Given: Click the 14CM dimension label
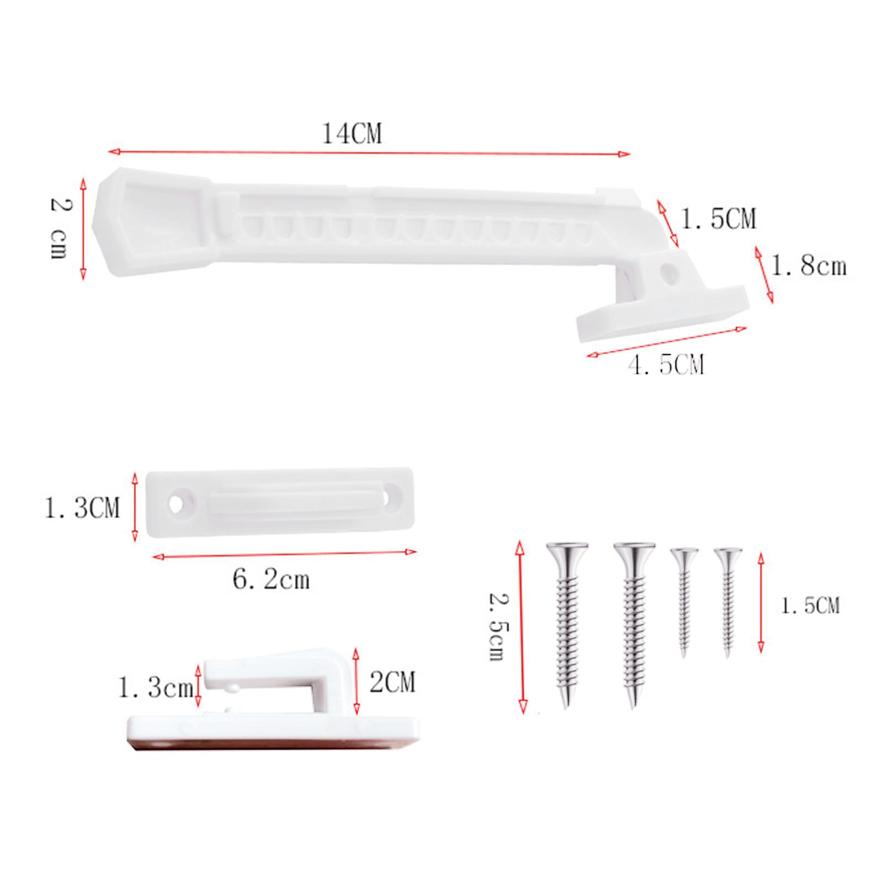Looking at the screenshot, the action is pos(352,134).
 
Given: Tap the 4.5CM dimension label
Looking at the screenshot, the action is pos(667,365).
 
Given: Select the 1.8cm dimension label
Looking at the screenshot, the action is pos(808,267).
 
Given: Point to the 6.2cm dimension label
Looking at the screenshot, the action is pos(271,580).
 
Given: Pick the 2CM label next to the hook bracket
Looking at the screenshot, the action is pos(392,683).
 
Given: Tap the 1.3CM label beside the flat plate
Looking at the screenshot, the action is pos(82,508).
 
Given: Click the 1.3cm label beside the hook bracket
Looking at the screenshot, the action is pos(156,688).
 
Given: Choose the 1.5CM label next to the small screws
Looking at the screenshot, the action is pos(810,606).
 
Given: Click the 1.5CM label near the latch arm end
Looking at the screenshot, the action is pos(719,219).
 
